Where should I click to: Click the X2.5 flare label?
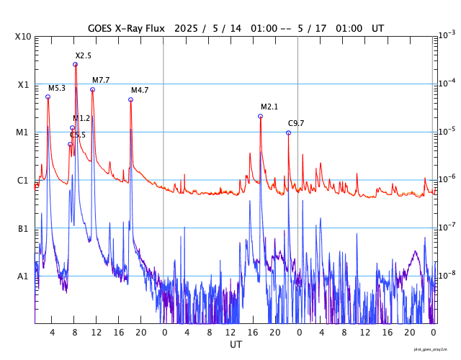(x=84, y=55)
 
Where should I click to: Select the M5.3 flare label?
(x=57, y=88)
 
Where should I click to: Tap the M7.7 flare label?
(x=101, y=80)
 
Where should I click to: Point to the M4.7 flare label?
(x=140, y=90)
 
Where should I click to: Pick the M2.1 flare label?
(x=269, y=107)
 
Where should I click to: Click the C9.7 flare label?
(x=296, y=123)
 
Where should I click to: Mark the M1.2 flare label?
(x=81, y=118)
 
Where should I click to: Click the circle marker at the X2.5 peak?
(x=75, y=64)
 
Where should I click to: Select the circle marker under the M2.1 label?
(x=260, y=116)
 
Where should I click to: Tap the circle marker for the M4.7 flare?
(x=130, y=99)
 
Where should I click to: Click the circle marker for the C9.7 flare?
(x=288, y=132)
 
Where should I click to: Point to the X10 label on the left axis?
(x=23, y=37)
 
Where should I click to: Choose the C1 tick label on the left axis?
(x=23, y=180)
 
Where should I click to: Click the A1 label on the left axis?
(x=23, y=276)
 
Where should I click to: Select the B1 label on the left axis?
(x=23, y=228)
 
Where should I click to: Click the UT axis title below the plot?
(x=236, y=345)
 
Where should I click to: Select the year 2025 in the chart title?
(x=188, y=28)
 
